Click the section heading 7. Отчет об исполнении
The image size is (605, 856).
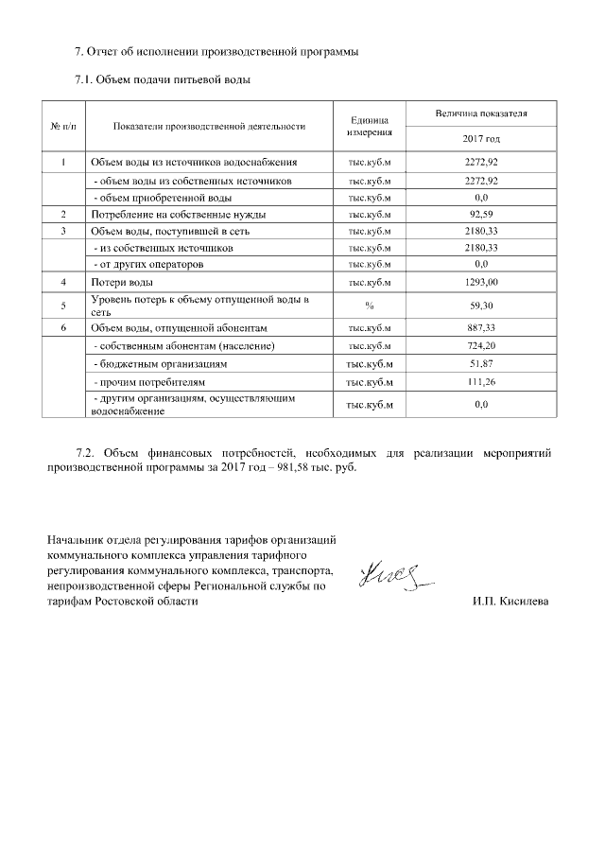pos(216,50)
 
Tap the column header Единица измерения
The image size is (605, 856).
pos(369,126)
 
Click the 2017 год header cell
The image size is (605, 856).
pos(481,139)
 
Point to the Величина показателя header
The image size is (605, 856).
pos(481,114)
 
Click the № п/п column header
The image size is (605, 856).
pos(62,126)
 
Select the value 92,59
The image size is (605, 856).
pos(481,215)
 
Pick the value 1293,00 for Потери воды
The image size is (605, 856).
pos(481,282)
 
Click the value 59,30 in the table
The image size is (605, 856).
pos(481,305)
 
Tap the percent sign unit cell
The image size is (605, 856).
pos(369,305)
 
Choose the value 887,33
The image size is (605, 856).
pos(481,327)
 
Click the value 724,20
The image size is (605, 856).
pos(481,346)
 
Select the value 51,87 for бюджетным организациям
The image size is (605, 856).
pos(481,363)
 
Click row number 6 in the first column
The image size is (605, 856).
pos(62,327)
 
